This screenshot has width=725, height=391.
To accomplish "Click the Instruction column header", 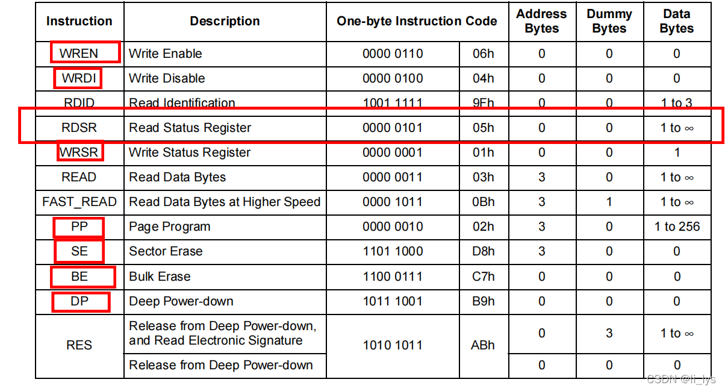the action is [x=79, y=21].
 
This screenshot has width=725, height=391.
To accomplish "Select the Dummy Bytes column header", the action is [x=609, y=21].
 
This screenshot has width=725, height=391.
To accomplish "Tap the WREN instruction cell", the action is [x=79, y=54].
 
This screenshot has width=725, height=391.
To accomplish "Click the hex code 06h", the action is [x=483, y=54].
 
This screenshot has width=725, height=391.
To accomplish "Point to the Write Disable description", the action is [x=167, y=78].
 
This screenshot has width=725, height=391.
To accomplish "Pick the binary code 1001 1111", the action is [x=393, y=103].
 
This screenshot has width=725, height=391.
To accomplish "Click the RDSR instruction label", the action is [x=79, y=128].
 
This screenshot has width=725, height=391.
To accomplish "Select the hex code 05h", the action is [x=483, y=128].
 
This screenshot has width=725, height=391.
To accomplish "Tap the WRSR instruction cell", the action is [x=79, y=152].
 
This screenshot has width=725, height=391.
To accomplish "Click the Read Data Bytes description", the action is [x=178, y=177].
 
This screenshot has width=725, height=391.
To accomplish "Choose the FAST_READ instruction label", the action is [x=79, y=202].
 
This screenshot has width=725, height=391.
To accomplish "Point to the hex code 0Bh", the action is [x=483, y=202].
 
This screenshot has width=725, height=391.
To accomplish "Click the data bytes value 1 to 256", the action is [x=677, y=227].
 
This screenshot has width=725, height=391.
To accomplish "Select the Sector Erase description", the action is [x=166, y=251].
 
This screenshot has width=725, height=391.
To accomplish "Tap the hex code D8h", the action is [x=483, y=251].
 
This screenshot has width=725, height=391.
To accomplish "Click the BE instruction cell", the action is [x=79, y=277].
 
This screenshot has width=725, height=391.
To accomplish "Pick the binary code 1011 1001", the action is [x=393, y=301].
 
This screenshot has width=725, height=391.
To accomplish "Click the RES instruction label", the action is [x=79, y=345].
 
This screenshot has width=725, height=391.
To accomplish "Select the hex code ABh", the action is [x=483, y=345].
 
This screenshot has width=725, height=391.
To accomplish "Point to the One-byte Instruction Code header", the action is [x=417, y=21].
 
